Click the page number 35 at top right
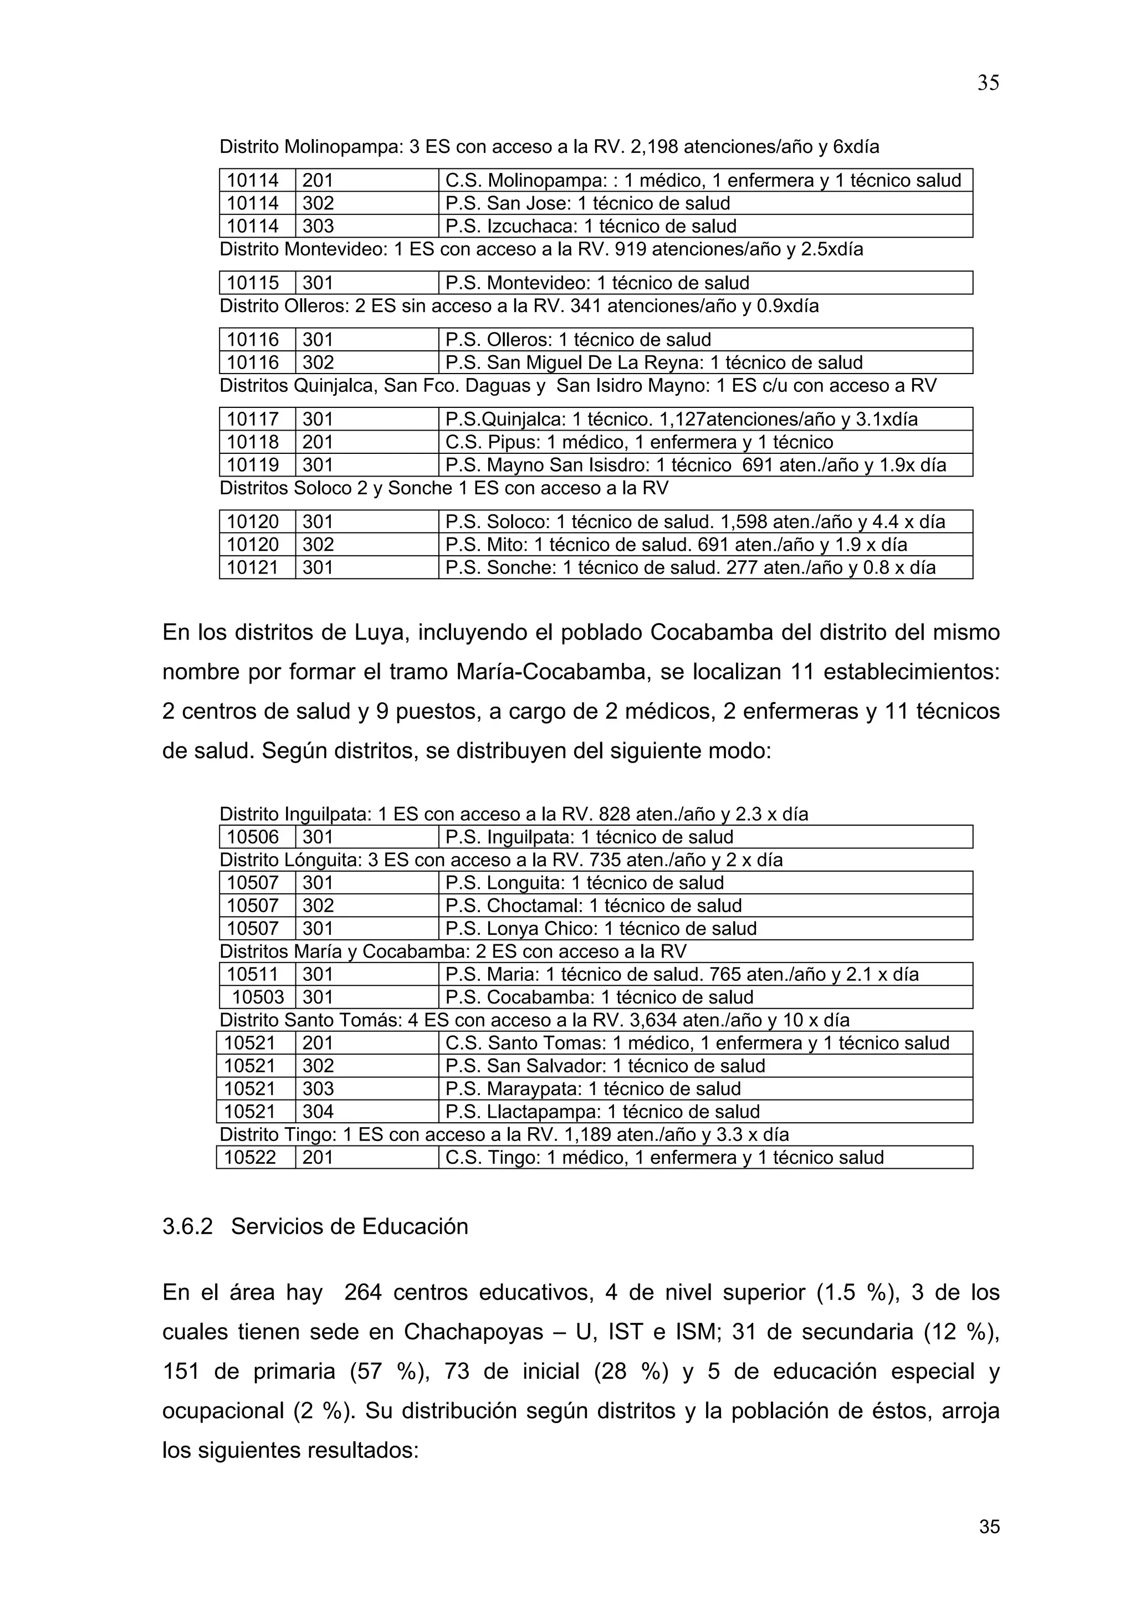coord(988,83)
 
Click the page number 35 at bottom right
coord(989,1526)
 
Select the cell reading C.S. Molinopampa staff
coord(703,181)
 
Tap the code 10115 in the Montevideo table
coord(253,283)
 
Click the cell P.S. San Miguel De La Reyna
coord(654,362)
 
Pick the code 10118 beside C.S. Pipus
coord(253,442)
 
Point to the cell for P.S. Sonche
coord(689,567)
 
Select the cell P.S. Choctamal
coord(593,906)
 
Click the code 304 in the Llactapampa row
coord(318,1112)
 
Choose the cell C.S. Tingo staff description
coord(664,1158)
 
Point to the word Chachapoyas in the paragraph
coord(473,1332)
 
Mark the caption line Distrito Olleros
coord(519,306)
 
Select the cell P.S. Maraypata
coord(592,1088)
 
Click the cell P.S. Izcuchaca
coord(590,226)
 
